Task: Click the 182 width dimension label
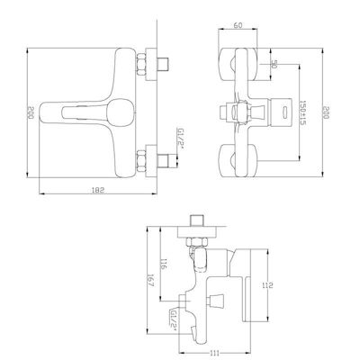click(98, 190)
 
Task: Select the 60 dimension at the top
click(238, 25)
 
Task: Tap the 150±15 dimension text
click(302, 112)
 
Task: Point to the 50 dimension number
click(274, 64)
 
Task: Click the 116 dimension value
click(164, 264)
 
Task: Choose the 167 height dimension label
click(151, 281)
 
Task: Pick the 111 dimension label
click(214, 353)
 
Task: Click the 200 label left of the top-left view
click(31, 112)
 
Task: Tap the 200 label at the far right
click(326, 112)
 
